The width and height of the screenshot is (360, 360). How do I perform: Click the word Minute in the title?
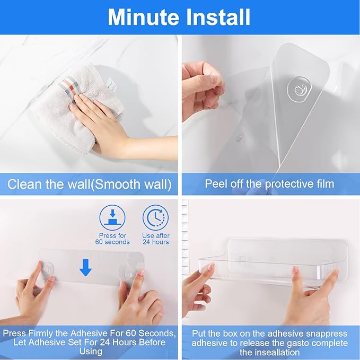point(144,17)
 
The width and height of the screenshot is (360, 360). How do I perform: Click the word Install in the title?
point(218,17)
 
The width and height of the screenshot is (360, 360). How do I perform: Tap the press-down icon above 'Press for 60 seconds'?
point(112,218)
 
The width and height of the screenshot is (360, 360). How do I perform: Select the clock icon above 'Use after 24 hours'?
point(156,218)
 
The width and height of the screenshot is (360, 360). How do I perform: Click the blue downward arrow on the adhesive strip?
point(85,268)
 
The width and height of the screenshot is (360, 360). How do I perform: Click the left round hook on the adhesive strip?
point(48,269)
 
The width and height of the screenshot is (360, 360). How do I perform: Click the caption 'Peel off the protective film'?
point(269,184)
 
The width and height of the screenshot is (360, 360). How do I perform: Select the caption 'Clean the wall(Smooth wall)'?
point(89,184)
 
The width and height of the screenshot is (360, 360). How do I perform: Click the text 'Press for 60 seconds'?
point(112,239)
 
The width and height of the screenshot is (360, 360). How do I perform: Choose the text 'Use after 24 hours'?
point(156,239)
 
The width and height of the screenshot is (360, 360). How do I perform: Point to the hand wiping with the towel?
point(115,124)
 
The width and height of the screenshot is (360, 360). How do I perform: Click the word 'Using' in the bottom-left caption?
point(91,352)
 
